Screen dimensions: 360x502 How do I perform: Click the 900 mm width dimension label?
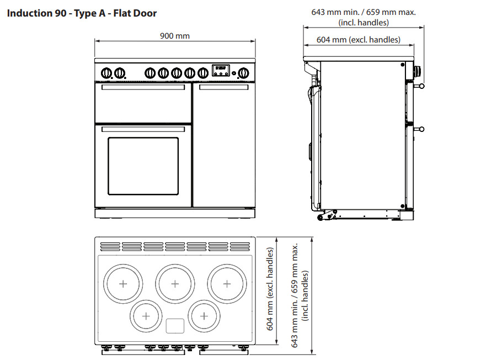(x=174, y=36)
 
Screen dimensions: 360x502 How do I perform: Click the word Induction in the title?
(x=29, y=13)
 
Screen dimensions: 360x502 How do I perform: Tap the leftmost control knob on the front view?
(x=106, y=72)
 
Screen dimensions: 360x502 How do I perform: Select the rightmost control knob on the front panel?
(x=242, y=72)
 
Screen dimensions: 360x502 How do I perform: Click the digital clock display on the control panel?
(x=221, y=70)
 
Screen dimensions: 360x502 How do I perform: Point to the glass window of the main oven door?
(x=143, y=166)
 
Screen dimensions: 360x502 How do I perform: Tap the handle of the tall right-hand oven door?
(x=223, y=87)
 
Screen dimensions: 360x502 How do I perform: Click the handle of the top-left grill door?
(x=143, y=87)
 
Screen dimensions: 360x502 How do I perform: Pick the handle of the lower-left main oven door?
(x=143, y=129)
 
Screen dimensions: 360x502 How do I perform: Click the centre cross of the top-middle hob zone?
(x=174, y=283)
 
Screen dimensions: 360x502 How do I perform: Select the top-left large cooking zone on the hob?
(x=122, y=283)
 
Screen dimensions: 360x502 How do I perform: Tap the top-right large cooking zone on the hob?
(x=226, y=283)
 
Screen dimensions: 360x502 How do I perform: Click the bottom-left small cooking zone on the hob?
(x=146, y=316)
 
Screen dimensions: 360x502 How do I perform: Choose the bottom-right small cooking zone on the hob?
(x=204, y=316)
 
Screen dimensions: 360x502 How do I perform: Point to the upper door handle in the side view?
(x=420, y=86)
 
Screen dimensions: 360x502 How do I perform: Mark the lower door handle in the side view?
(x=420, y=129)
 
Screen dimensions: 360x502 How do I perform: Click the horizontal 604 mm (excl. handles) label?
(x=358, y=40)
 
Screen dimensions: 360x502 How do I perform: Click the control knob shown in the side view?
(x=418, y=71)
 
